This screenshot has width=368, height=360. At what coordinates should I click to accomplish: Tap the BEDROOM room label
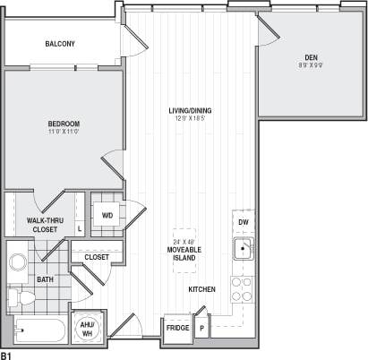click(64, 123)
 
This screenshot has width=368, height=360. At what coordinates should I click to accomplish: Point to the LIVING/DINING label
click(190, 110)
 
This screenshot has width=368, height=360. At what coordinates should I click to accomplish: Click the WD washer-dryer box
click(107, 215)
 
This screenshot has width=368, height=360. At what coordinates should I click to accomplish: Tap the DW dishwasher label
click(243, 223)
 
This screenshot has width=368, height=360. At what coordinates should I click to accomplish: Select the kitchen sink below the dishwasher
click(242, 249)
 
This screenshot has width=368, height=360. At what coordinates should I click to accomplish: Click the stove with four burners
click(242, 287)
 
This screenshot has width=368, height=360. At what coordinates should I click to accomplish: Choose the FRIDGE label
click(177, 328)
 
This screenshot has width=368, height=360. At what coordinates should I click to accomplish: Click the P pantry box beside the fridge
click(201, 328)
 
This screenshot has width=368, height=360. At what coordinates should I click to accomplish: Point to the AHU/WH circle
click(88, 328)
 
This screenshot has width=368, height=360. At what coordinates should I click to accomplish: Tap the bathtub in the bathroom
click(41, 331)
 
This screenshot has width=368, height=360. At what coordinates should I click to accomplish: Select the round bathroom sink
click(18, 263)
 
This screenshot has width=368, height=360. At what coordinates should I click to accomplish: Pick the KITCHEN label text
click(201, 290)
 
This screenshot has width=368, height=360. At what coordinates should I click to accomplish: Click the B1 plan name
click(6, 355)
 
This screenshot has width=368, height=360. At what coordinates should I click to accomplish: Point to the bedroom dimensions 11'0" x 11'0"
click(64, 131)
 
